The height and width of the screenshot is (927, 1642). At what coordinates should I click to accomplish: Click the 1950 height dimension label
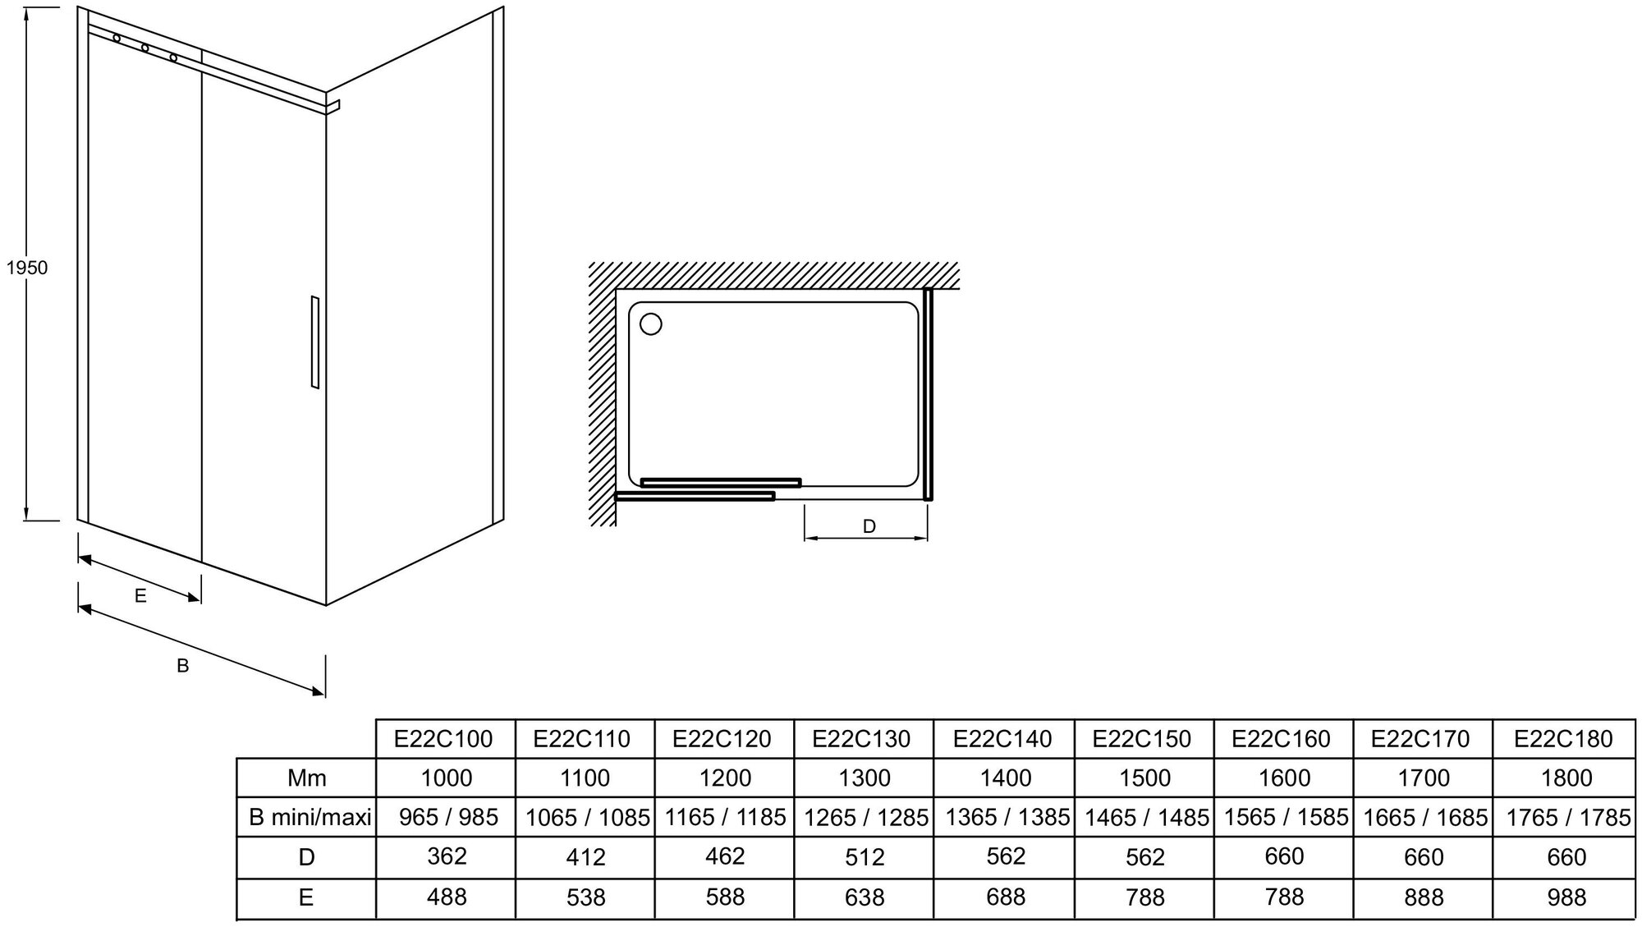tap(27, 268)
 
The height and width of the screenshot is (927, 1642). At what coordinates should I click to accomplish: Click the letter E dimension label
tap(140, 596)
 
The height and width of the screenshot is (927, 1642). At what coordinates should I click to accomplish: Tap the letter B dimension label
tap(183, 666)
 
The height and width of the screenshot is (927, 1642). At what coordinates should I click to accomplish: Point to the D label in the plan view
tap(869, 526)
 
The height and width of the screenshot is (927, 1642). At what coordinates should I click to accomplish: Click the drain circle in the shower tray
tap(650, 324)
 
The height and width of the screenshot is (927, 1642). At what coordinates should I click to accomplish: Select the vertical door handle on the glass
tap(314, 342)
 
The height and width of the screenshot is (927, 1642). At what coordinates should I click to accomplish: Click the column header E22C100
tap(444, 739)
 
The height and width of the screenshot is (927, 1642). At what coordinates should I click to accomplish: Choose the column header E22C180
tap(1563, 739)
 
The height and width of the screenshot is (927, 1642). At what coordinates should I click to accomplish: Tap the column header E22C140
tap(1002, 739)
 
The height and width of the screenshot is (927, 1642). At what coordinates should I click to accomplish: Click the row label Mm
tap(306, 778)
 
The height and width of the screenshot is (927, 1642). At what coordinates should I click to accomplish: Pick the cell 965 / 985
tap(448, 817)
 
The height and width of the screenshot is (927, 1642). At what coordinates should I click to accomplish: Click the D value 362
tap(447, 856)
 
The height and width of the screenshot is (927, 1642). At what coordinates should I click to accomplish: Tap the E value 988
tap(1566, 897)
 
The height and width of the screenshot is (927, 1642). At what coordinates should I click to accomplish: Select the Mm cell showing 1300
tap(865, 778)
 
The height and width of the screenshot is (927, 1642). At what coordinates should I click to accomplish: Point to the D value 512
tap(865, 857)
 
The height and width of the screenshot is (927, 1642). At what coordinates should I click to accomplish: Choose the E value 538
tap(585, 897)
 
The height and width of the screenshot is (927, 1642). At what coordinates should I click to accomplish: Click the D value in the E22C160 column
tap(1284, 856)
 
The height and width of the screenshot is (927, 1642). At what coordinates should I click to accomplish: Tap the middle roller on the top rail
tap(145, 48)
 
